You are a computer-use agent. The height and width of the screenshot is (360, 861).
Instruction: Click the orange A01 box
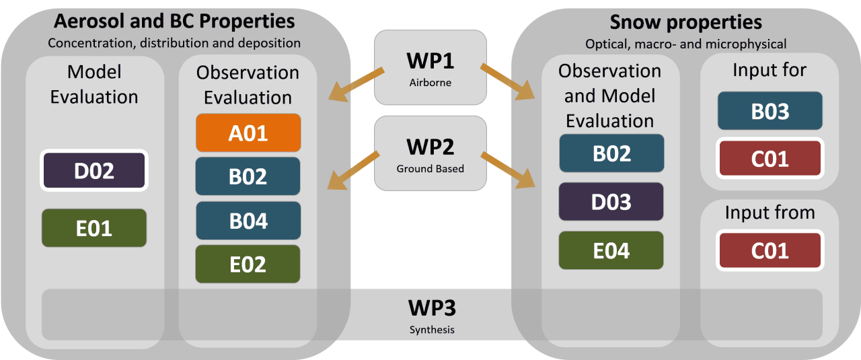coord(248,133)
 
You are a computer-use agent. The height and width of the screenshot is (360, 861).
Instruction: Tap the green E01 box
coord(94,228)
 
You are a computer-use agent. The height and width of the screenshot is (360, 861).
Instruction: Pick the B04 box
coord(248,220)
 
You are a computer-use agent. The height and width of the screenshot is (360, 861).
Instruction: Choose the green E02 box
coord(248,264)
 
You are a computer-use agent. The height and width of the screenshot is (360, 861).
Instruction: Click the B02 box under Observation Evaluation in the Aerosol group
coord(248,176)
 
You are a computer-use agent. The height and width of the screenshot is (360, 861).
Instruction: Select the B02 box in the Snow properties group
coord(611,153)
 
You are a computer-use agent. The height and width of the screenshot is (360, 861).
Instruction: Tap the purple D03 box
coord(611,202)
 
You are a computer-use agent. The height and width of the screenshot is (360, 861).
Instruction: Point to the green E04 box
coord(611,250)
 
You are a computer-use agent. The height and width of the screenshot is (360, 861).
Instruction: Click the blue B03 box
coord(770,111)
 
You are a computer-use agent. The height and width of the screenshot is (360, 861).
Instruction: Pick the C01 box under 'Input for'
coord(770,159)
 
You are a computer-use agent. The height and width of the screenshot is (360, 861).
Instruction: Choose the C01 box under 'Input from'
coord(770,250)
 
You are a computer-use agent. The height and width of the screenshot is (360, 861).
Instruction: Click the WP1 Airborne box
coord(430,67)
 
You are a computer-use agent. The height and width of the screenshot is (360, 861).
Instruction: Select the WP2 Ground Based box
coord(430,152)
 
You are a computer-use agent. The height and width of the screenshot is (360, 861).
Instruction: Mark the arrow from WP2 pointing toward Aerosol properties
coord(354,169)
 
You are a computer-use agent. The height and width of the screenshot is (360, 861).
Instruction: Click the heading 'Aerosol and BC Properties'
coord(174,22)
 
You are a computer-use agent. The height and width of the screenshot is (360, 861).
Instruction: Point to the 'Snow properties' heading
coord(685,22)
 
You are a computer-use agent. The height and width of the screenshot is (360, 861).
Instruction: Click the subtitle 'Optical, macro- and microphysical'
coord(685,44)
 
